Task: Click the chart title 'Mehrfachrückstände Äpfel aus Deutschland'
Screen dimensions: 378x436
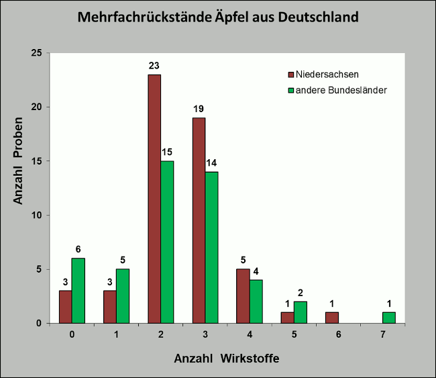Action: (218, 16)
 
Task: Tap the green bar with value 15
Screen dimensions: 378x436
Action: (167, 242)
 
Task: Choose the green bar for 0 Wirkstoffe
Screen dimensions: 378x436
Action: (78, 291)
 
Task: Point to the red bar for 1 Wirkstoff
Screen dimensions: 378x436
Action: (109, 307)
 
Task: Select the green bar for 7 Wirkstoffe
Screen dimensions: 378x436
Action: (388, 318)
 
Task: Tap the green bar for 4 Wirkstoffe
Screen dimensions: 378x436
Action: (256, 301)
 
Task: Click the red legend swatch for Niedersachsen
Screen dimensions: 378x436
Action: (291, 75)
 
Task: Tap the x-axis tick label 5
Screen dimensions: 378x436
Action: (294, 334)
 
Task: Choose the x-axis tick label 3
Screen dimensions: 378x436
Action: (205, 334)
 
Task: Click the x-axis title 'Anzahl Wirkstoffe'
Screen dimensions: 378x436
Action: (226, 359)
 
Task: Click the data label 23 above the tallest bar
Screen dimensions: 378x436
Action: (154, 66)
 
